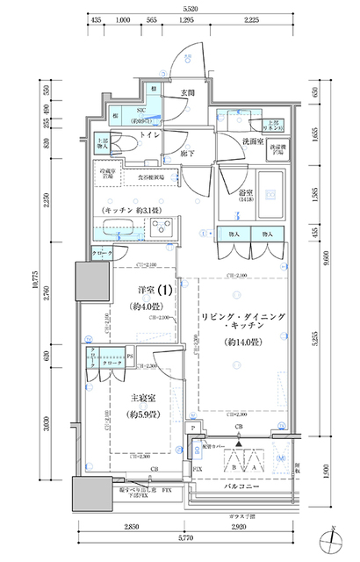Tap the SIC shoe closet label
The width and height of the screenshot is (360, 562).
140,110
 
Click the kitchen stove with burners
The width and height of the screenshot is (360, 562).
162,229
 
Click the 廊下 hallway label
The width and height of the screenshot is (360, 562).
188,153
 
